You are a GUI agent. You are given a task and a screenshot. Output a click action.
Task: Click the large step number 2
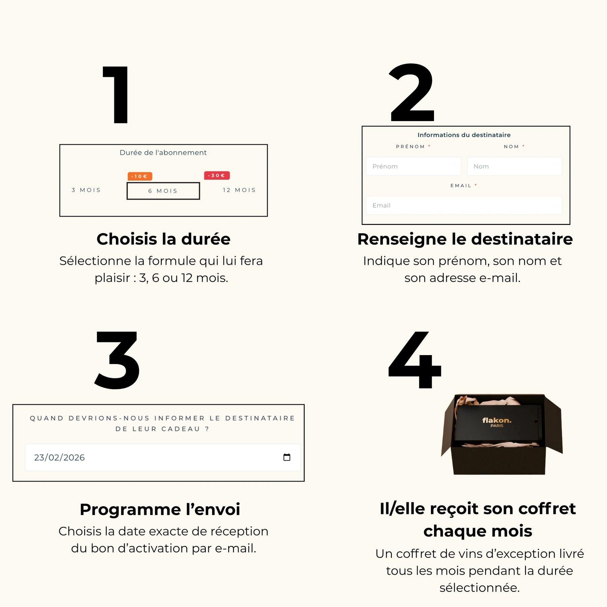tap(412, 92)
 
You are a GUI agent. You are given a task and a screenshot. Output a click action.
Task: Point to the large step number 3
tap(117, 360)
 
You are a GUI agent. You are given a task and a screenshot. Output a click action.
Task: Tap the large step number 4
tap(415, 360)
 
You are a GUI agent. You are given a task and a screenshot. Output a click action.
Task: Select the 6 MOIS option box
tap(163, 191)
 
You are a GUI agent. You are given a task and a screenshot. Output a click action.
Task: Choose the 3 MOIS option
tap(86, 190)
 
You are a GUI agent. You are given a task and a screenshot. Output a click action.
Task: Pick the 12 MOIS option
tap(239, 190)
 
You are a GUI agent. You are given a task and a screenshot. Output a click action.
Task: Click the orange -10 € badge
tap(140, 176)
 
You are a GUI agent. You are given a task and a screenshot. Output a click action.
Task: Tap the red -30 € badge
tap(217, 175)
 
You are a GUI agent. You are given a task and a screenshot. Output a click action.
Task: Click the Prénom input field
tap(413, 166)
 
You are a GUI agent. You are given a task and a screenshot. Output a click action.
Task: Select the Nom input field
tap(514, 166)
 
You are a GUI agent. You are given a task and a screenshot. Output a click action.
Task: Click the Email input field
tap(464, 205)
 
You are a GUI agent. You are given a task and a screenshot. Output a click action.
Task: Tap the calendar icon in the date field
tap(287, 457)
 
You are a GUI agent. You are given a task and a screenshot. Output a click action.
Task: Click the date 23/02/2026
tap(59, 458)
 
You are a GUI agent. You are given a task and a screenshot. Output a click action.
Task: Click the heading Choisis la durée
tap(164, 239)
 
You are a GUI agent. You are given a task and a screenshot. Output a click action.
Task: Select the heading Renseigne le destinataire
tap(465, 239)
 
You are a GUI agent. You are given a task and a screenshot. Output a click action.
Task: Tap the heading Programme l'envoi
tap(160, 510)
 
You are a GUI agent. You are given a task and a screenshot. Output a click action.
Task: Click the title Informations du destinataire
tap(464, 135)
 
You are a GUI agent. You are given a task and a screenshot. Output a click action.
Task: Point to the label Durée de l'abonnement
tap(163, 152)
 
